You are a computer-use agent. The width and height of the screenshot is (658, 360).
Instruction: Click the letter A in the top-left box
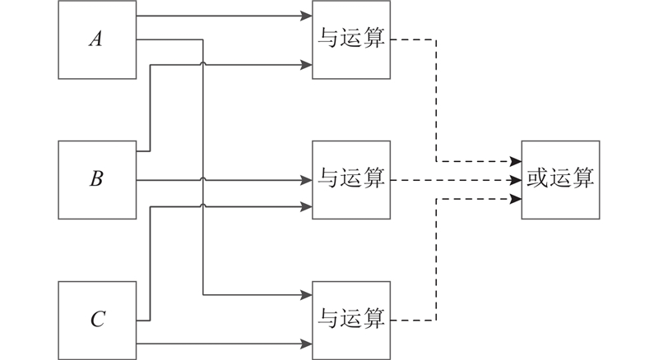click(95, 39)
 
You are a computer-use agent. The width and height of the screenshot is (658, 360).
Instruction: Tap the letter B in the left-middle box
click(95, 179)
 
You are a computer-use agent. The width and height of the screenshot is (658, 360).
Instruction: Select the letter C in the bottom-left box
click(97, 320)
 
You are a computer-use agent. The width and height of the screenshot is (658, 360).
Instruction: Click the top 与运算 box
click(351, 39)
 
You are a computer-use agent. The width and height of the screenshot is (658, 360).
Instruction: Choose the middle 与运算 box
click(351, 179)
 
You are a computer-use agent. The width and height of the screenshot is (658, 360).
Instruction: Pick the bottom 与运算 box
click(351, 320)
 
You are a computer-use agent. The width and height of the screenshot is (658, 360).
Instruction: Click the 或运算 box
click(560, 179)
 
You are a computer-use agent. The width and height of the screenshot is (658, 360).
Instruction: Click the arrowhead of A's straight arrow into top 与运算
click(307, 16)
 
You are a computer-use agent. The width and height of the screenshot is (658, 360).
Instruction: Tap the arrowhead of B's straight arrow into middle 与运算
click(307, 179)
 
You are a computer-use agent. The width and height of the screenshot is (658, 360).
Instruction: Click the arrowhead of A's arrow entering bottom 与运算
click(307, 296)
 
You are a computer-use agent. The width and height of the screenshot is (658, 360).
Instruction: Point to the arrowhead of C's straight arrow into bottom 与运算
click(307, 343)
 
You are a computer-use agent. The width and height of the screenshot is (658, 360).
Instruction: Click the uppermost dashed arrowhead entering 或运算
click(516, 161)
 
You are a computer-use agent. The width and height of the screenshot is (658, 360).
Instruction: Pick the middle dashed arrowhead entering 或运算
click(516, 179)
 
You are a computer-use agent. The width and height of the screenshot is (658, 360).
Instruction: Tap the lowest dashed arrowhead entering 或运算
click(516, 197)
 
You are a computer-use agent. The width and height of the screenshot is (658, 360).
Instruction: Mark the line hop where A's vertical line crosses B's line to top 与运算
click(202, 63)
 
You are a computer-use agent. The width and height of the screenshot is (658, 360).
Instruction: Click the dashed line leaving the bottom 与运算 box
click(411, 320)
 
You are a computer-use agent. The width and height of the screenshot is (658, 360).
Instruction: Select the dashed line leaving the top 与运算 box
click(411, 39)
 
